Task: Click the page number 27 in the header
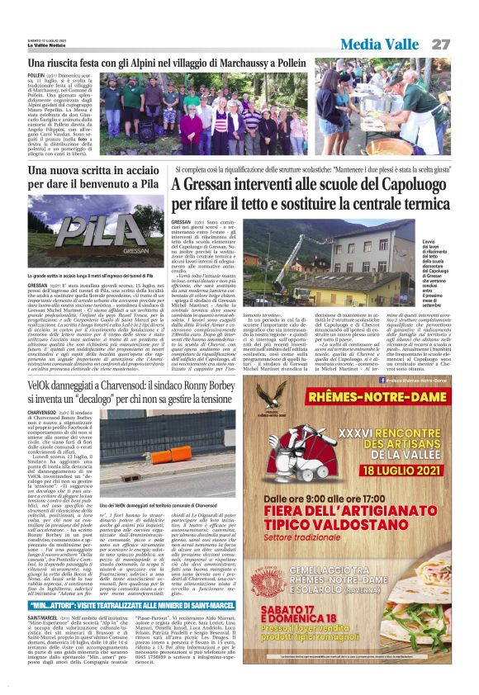(440, 43)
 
